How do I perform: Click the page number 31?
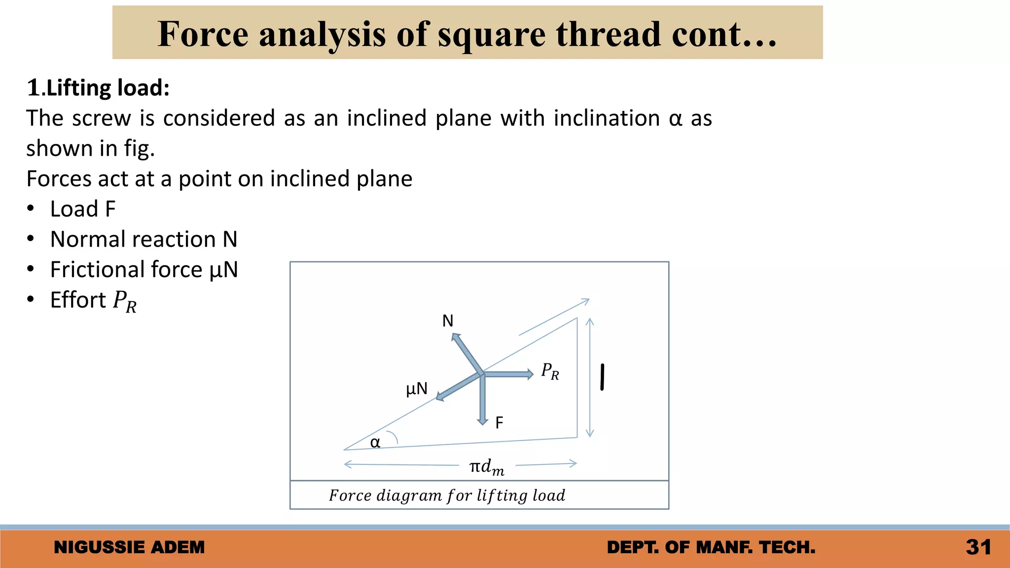(978, 547)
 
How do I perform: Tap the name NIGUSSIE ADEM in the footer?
(129, 547)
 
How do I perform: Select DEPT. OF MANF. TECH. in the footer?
(711, 547)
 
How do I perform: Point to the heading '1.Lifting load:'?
(98, 88)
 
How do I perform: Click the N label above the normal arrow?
(447, 321)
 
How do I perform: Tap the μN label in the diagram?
(417, 389)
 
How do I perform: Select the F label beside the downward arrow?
(499, 423)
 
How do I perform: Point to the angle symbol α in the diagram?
(375, 442)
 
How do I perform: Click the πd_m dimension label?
(487, 466)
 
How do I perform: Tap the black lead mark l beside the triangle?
(602, 377)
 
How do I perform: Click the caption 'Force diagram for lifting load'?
(447, 495)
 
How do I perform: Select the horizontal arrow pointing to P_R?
(508, 374)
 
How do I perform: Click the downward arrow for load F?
(483, 399)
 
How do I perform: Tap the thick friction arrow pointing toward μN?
(459, 387)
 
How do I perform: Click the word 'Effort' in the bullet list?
(78, 300)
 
